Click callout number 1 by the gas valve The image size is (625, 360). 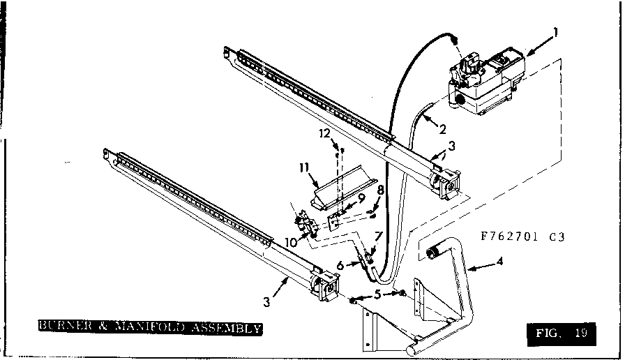555,31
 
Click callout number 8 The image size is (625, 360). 380,189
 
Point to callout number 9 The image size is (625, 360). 361,197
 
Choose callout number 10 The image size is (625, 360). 289,241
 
